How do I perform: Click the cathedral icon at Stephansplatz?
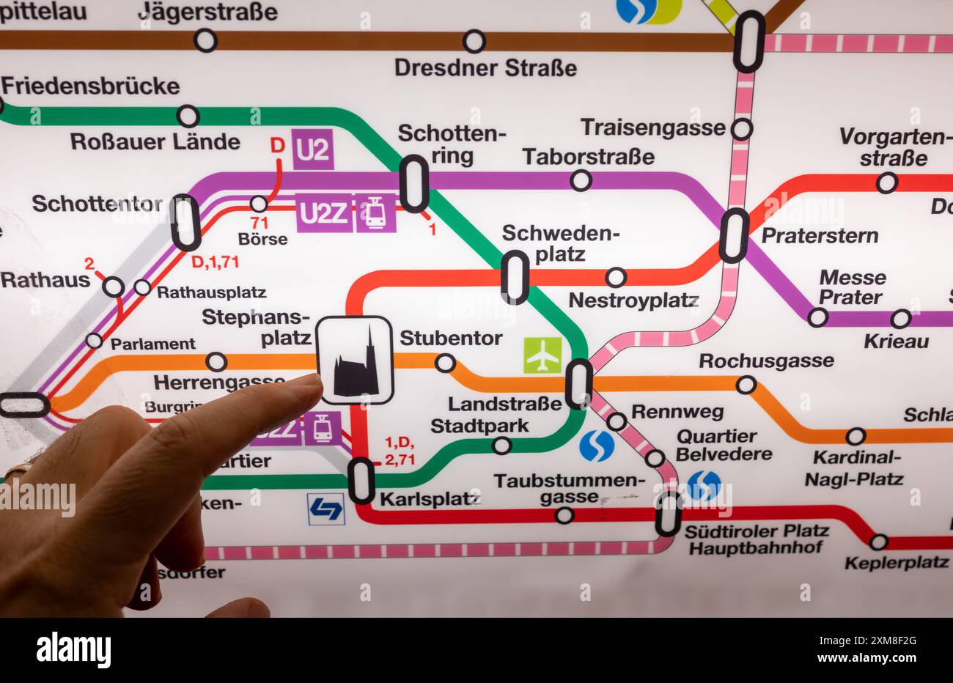click(356, 361)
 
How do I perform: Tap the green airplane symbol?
click(542, 355)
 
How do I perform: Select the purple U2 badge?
click(313, 149)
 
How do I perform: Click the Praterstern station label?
click(820, 235)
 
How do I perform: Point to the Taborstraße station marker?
click(581, 180)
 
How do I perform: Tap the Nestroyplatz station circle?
click(616, 277)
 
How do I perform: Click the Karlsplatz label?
click(430, 499)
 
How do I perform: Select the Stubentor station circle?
click(445, 363)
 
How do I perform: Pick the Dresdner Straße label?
click(485, 68)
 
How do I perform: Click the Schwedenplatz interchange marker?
click(515, 277)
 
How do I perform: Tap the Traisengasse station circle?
click(742, 130)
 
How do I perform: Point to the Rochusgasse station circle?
click(746, 385)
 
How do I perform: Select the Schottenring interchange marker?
click(413, 183)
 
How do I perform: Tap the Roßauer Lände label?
click(155, 141)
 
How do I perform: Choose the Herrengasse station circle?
click(216, 361)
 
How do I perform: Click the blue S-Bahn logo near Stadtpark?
click(597, 446)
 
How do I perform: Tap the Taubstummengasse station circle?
click(564, 515)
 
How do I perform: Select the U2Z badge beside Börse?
click(324, 213)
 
